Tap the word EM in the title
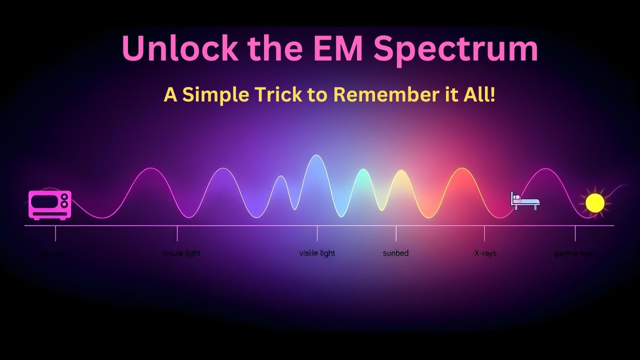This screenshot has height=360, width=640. click(336, 48)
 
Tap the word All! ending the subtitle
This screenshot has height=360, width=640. click(479, 94)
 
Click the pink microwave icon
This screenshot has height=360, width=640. click(50, 204)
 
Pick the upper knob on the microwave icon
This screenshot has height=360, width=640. click(64, 197)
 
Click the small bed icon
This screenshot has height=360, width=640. click(524, 200)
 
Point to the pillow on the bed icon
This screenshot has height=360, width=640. click(516, 197)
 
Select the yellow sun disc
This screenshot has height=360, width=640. click(595, 203)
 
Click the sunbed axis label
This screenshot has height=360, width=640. click(395, 253)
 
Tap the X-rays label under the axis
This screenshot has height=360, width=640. click(485, 253)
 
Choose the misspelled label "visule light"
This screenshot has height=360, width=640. click(181, 253)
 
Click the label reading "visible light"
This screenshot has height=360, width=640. click(317, 253)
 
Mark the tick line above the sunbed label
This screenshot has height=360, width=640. click(396, 233)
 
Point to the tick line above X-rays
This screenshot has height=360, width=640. click(484, 233)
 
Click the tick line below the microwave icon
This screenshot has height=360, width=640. click(55, 233)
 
